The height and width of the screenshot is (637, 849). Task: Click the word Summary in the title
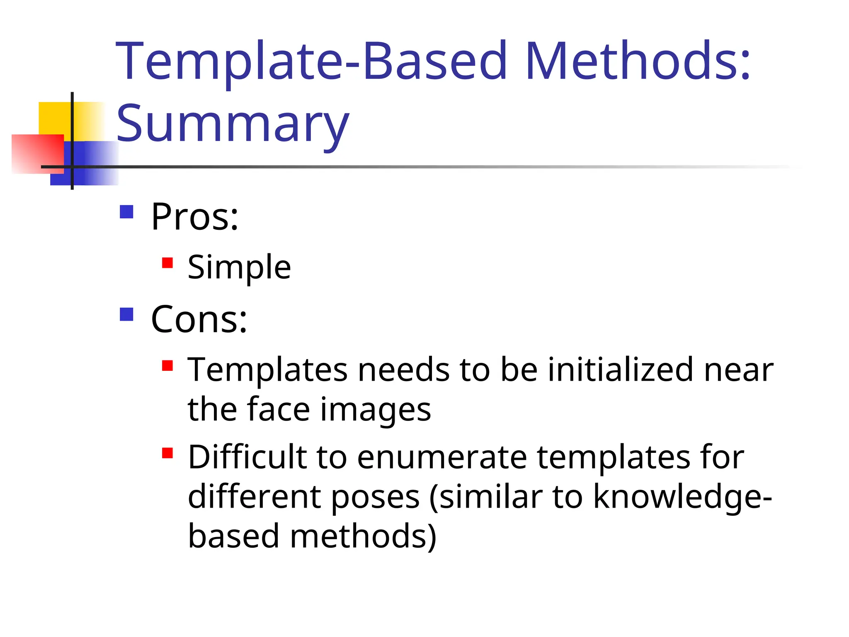click(233, 123)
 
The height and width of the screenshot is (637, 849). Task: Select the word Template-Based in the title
click(311, 61)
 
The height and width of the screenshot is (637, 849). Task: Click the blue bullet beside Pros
click(126, 212)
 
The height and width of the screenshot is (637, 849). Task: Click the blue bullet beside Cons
click(126, 314)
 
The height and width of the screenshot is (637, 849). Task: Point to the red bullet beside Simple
click(167, 263)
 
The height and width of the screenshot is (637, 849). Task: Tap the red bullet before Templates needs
click(167, 365)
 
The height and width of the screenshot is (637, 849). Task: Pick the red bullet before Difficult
click(167, 453)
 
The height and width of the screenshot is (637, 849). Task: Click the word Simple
click(239, 267)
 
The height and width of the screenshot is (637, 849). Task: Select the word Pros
click(194, 216)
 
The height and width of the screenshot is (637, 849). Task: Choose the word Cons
click(199, 319)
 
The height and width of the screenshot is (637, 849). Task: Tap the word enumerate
click(442, 457)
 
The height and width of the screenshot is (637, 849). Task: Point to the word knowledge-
click(682, 497)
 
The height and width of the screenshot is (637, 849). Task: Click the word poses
click(376, 497)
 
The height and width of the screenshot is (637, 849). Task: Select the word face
click(279, 409)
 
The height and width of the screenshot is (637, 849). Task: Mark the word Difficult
click(247, 457)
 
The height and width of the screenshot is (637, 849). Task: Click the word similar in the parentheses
click(491, 497)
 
